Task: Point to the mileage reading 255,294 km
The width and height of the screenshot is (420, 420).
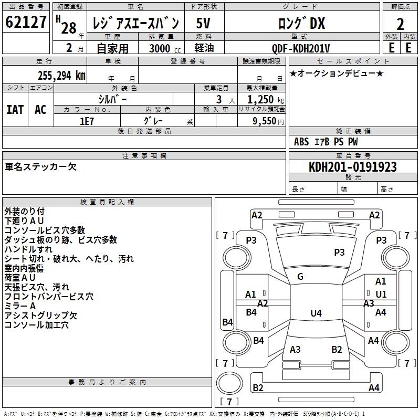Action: click(x=62, y=75)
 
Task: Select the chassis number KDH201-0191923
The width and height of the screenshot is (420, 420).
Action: click(x=352, y=167)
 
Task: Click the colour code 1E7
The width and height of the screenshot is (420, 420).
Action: click(x=87, y=120)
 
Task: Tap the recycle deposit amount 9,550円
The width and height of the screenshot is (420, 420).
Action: click(x=268, y=120)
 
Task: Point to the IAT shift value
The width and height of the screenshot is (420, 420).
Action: click(x=15, y=109)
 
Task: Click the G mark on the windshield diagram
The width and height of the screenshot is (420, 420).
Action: click(x=300, y=276)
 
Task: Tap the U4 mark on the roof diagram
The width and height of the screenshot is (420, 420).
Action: click(x=316, y=313)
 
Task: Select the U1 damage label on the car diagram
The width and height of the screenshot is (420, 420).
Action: click(x=381, y=294)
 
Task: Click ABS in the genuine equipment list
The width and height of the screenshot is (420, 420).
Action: click(x=301, y=142)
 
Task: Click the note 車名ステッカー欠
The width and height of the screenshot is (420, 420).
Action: click(x=41, y=167)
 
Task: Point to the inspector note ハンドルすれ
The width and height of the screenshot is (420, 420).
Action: click(x=28, y=249)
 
